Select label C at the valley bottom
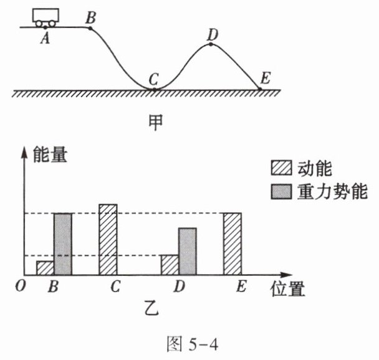pyautogui.click(x=153, y=79)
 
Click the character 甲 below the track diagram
pyautogui.click(x=154, y=120)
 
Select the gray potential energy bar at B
pyautogui.click(x=62, y=244)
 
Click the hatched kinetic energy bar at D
pyautogui.click(x=170, y=265)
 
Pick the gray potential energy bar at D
pyautogui.click(x=187, y=252)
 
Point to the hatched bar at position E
pyautogui.click(x=233, y=244)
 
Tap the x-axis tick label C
pyautogui.click(x=115, y=288)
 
